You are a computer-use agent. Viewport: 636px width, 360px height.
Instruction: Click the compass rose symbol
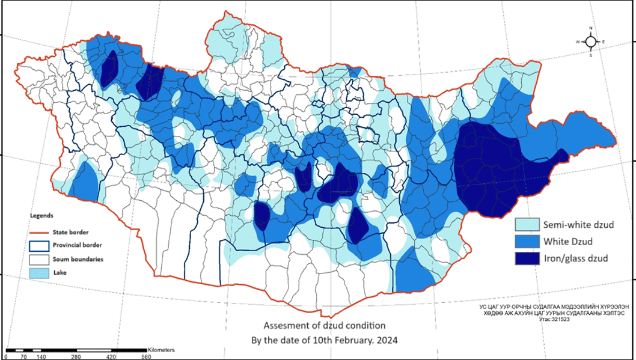coord(591,41)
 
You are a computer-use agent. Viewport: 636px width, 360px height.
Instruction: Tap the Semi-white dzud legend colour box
coord(527,225)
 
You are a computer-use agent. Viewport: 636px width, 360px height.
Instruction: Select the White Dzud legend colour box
coord(527,242)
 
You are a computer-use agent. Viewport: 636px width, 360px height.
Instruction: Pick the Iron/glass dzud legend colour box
coord(527,258)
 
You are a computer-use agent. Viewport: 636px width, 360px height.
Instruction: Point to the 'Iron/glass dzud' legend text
coord(576,259)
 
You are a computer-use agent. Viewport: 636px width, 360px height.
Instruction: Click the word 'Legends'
coord(42,215)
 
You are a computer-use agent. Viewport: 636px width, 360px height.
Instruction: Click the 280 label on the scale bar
coord(76,356)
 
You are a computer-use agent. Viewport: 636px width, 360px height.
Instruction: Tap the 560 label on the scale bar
coord(146,356)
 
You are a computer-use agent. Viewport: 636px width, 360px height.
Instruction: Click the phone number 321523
coord(560,320)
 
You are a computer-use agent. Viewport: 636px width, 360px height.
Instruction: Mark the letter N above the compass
coord(591,28)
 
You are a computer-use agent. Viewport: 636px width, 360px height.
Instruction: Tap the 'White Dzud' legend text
coord(569,242)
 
